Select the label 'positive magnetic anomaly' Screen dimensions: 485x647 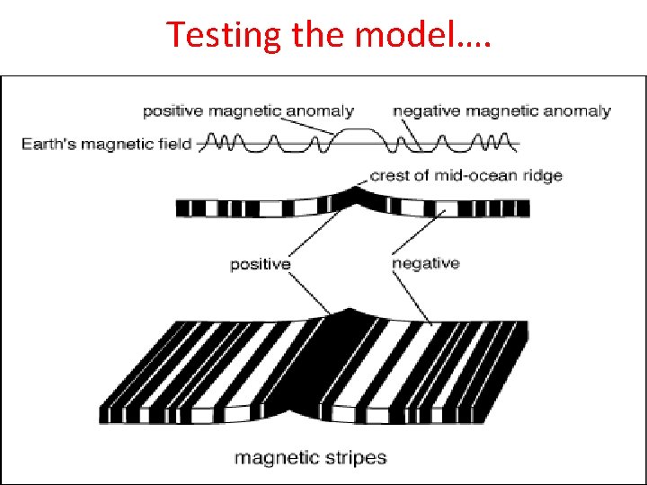pos(248,111)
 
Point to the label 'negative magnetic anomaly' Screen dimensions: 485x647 pos(501,111)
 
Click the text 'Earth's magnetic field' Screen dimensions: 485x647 pos(107,144)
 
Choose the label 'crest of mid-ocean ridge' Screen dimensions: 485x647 pos(465,175)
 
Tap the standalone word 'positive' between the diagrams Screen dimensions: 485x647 pos(261,264)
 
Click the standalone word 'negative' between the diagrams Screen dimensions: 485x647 pos(426,263)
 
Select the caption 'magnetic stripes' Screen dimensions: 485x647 pos(310,458)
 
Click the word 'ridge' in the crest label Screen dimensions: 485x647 pos(541,175)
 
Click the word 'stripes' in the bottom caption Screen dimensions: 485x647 pos(355,458)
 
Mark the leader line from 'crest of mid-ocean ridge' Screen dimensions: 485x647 pos(364,182)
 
